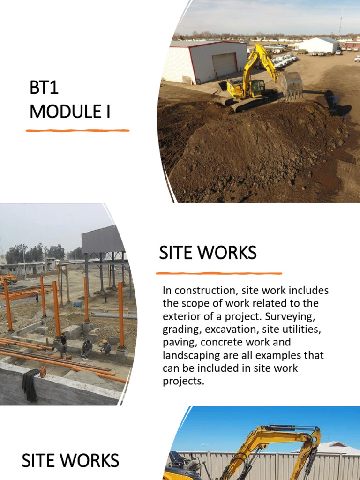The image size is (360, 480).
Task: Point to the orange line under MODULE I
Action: [77, 130]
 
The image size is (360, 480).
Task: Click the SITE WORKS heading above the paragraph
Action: [208, 253]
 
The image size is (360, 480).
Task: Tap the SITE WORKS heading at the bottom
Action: [70, 460]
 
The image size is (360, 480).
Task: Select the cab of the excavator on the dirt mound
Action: [257, 87]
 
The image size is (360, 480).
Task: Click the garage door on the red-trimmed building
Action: [225, 65]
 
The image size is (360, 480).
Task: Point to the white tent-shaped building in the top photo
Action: [319, 45]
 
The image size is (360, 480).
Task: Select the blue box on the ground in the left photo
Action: [77, 304]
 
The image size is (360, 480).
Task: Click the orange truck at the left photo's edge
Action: [8, 279]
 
